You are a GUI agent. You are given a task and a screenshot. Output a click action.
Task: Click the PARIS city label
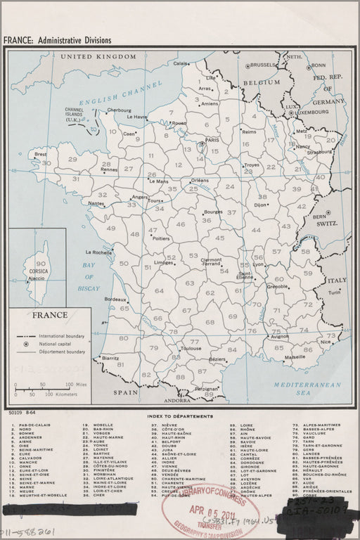coord(214,140)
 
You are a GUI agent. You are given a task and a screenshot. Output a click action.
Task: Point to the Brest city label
coord(41,154)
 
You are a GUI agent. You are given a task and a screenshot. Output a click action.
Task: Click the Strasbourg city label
coord(319,152)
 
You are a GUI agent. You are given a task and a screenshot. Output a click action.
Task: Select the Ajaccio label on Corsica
coord(36,278)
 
